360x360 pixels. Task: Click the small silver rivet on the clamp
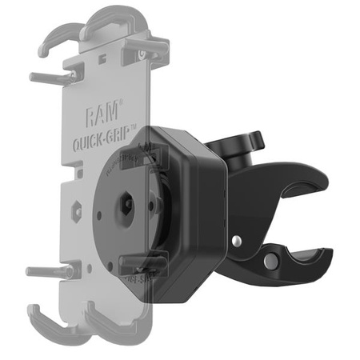[x=238, y=240]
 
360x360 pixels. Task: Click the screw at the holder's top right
[x=142, y=56]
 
